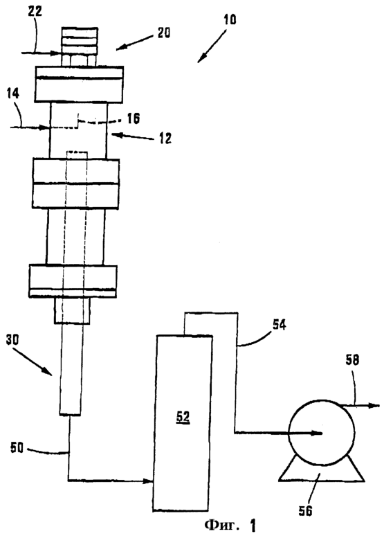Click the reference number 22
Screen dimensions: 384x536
(x=35, y=11)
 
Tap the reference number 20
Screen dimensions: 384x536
(x=164, y=33)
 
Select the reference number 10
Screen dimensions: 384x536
(x=230, y=19)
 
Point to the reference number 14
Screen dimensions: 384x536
(x=13, y=94)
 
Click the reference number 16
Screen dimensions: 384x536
(x=134, y=118)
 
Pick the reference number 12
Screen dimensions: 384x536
(x=165, y=139)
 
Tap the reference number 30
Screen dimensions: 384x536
(x=12, y=339)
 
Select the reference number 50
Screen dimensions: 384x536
(x=17, y=447)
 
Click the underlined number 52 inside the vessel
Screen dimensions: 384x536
(x=183, y=417)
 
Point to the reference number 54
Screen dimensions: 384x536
(x=279, y=325)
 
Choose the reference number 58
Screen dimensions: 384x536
(x=352, y=360)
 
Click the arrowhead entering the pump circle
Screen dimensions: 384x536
(x=316, y=434)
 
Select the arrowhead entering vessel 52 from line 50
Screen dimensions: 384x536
(x=147, y=481)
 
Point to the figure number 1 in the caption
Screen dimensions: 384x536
(x=252, y=526)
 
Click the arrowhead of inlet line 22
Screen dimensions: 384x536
(x=56, y=53)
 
